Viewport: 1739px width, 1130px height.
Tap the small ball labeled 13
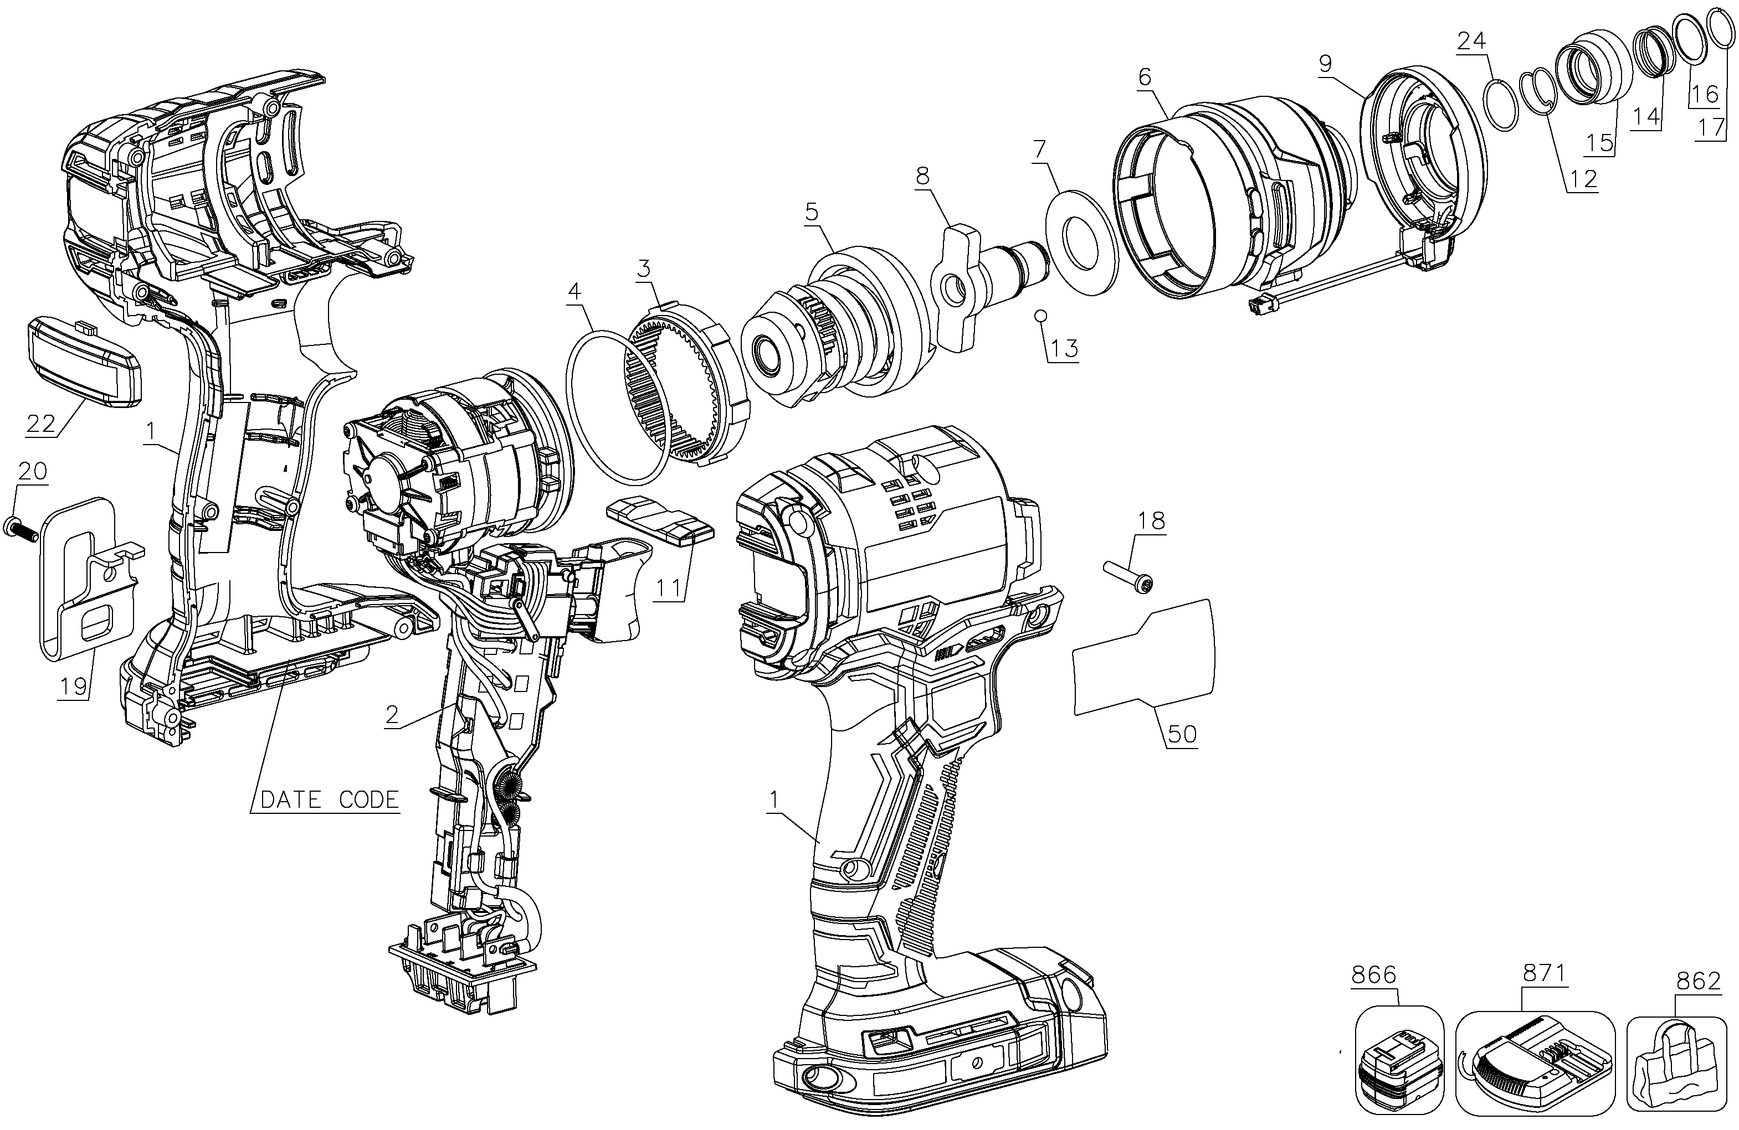pos(1043,316)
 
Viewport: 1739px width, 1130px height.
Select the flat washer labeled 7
pos(1082,242)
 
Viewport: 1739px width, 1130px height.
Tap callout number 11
pos(671,587)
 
